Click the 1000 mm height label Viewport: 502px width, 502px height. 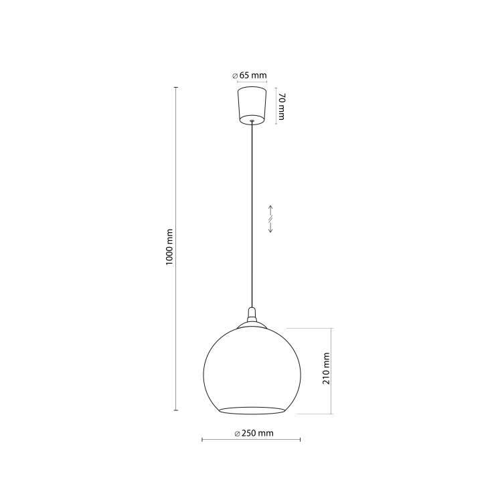point(169,247)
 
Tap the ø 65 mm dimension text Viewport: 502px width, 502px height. point(250,76)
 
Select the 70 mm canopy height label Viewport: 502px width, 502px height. point(281,106)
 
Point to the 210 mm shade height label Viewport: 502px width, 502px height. point(326,368)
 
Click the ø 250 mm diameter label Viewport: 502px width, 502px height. point(254,433)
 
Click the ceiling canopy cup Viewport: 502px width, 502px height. point(252,105)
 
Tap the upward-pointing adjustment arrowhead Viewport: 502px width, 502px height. point(270,208)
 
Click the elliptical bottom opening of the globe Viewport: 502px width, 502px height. point(252,410)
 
